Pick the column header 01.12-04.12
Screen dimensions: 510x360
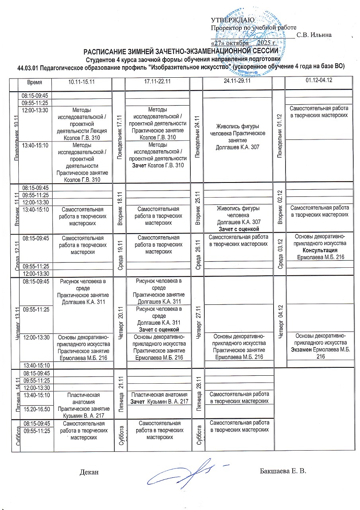click(319, 80)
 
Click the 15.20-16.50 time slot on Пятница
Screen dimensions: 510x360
click(36, 409)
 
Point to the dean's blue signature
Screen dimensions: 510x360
click(187, 473)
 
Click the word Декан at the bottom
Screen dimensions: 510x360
click(88, 472)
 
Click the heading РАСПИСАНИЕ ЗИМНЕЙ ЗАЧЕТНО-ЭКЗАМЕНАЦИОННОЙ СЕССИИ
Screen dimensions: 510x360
click(180, 51)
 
